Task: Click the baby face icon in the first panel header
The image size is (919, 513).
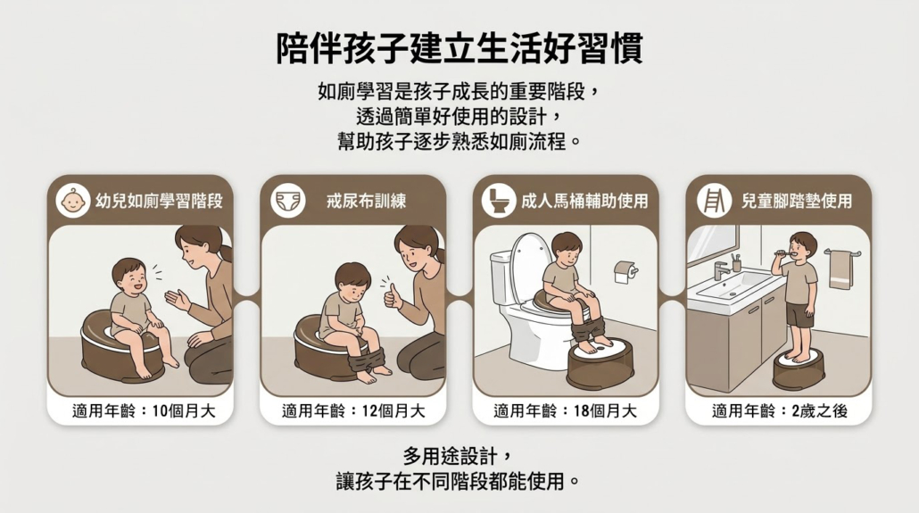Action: pyautogui.click(x=72, y=201)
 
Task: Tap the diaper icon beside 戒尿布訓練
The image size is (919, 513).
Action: pyautogui.click(x=288, y=201)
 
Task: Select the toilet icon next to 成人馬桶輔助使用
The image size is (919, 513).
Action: pyautogui.click(x=499, y=201)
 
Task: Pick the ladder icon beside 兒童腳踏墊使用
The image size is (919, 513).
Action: pyautogui.click(x=714, y=201)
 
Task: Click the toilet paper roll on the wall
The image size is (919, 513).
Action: pyautogui.click(x=625, y=272)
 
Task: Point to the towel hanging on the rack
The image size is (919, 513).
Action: pyautogui.click(x=841, y=269)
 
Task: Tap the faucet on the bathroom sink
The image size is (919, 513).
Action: pyautogui.click(x=722, y=270)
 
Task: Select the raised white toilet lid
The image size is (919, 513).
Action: pyautogui.click(x=531, y=261)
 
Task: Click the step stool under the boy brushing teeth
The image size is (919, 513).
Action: pyautogui.click(x=799, y=368)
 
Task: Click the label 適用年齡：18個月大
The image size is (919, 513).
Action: pyautogui.click(x=565, y=411)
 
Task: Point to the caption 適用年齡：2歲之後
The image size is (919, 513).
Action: pyautogui.click(x=780, y=411)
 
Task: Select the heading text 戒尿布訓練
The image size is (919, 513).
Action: pyautogui.click(x=367, y=201)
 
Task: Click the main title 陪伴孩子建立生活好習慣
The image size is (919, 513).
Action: pyautogui.click(x=459, y=49)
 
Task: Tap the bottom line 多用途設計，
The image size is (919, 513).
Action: pyautogui.click(x=459, y=456)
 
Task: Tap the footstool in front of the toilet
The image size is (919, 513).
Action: pyautogui.click(x=600, y=362)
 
